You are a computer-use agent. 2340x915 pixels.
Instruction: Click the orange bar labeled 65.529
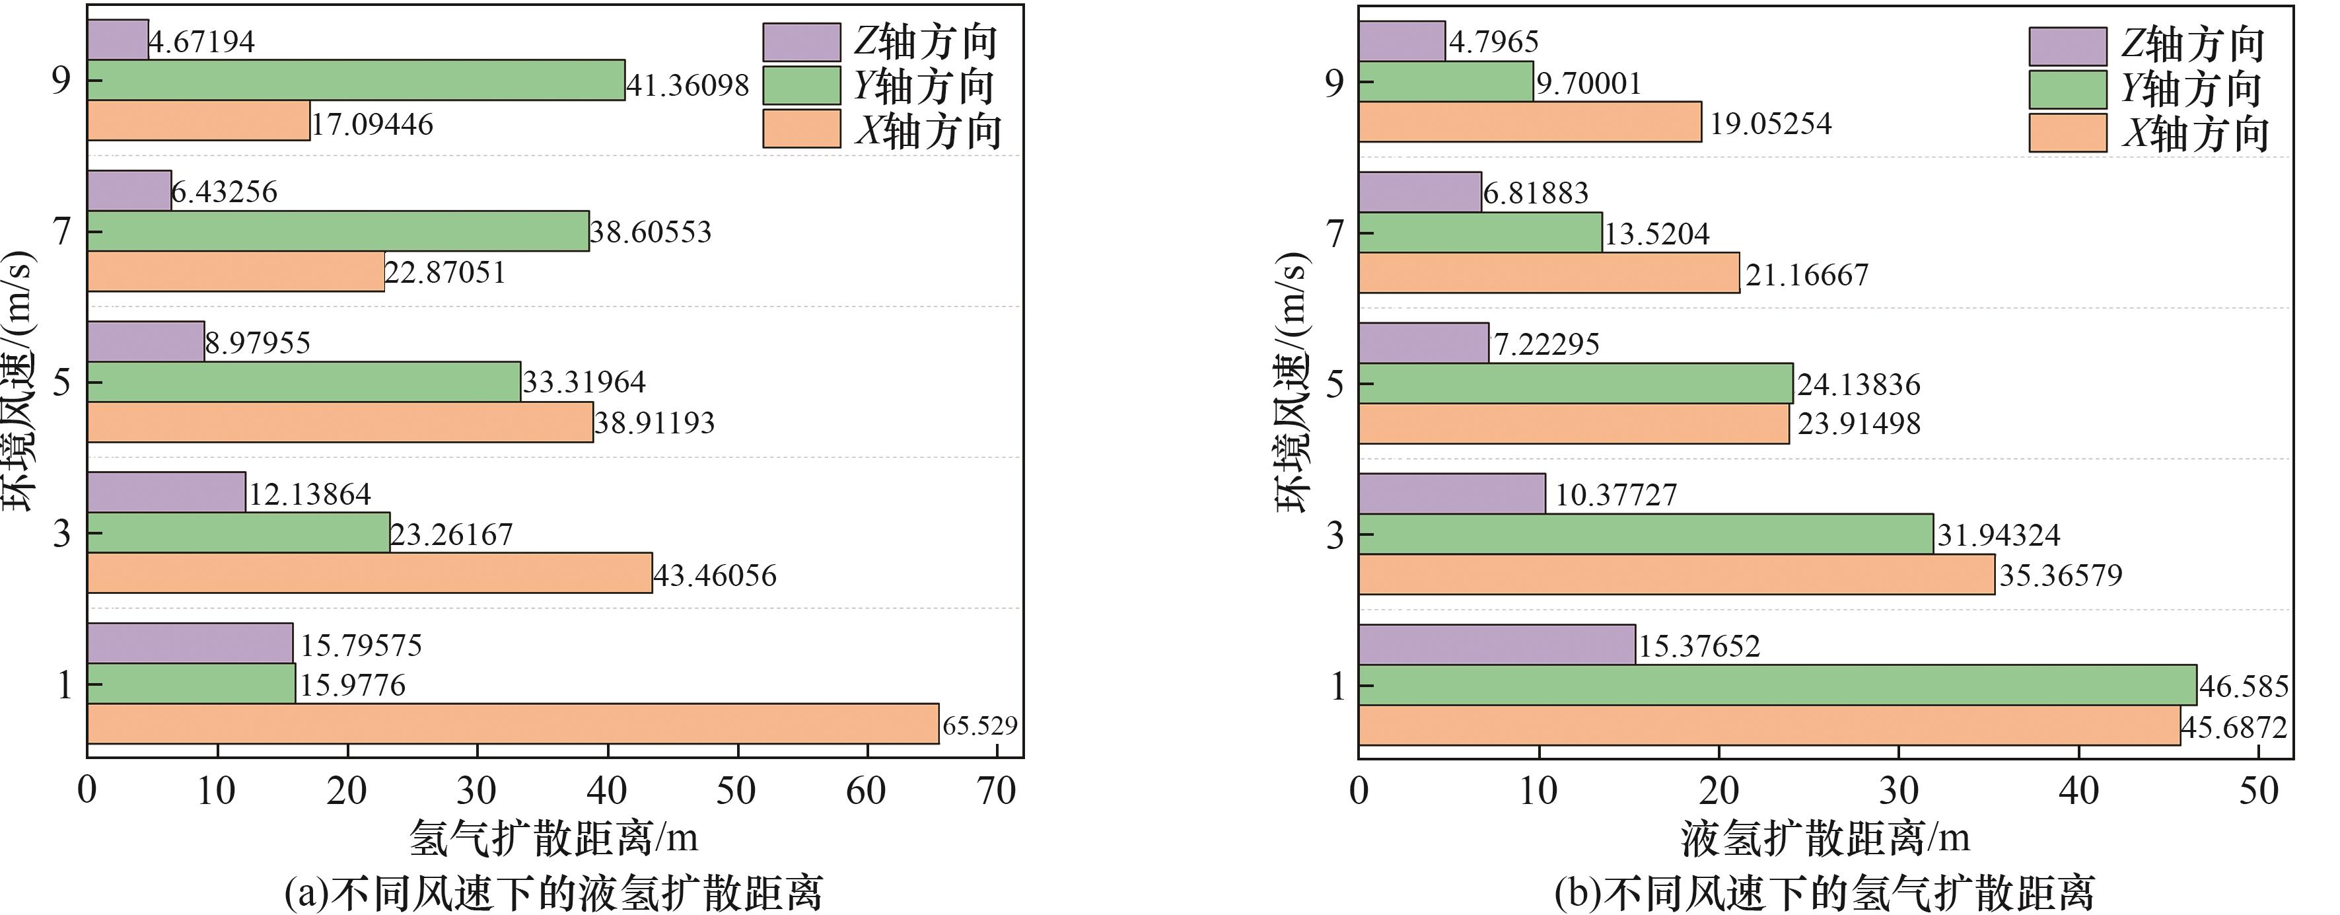[513, 723]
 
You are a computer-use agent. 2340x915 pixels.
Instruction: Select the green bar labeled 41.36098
[356, 80]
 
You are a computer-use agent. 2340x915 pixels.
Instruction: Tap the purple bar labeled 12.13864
[166, 492]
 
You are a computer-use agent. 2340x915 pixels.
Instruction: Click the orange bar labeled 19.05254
[1530, 122]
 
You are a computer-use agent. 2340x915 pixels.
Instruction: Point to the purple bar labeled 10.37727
[1452, 494]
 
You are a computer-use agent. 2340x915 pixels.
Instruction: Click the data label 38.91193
[654, 423]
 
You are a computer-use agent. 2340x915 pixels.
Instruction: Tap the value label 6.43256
[225, 192]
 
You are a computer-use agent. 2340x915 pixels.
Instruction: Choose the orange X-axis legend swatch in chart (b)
[2067, 133]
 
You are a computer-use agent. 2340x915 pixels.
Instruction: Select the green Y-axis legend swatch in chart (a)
[801, 85]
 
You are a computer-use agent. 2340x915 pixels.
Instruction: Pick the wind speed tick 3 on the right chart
[1333, 535]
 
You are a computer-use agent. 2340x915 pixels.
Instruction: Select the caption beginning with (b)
[1824, 893]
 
